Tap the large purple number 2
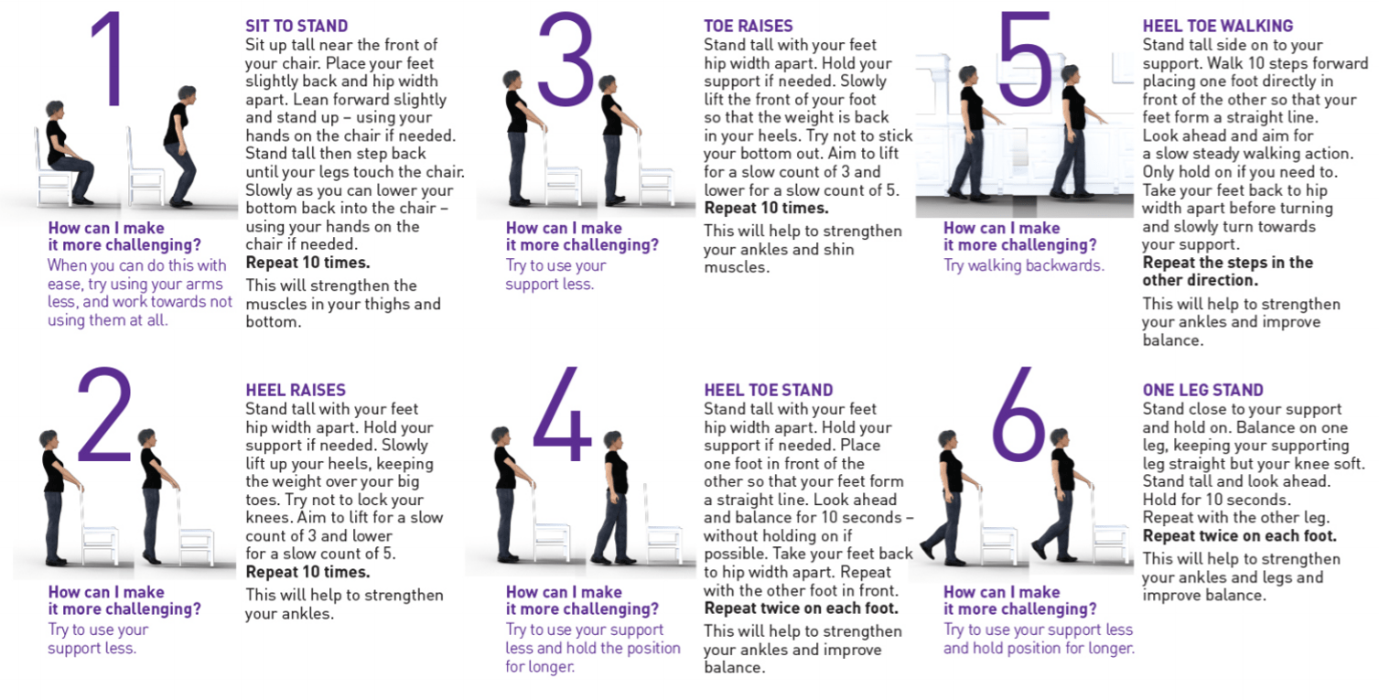point(105,415)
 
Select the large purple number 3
point(566,59)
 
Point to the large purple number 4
point(562,413)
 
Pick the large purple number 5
point(1025,59)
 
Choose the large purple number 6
point(1018,414)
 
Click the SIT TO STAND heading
point(296,26)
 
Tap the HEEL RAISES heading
point(296,390)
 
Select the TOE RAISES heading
point(748,26)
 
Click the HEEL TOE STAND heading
point(769,390)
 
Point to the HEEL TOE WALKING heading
point(1218,26)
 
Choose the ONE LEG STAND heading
point(1203,390)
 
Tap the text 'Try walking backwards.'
point(1024,265)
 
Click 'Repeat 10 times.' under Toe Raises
point(766,208)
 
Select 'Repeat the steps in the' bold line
point(1227,263)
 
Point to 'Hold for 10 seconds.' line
point(1216,500)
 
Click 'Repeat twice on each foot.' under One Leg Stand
point(1239,535)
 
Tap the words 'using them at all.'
point(108,320)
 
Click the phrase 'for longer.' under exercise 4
point(540,666)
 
